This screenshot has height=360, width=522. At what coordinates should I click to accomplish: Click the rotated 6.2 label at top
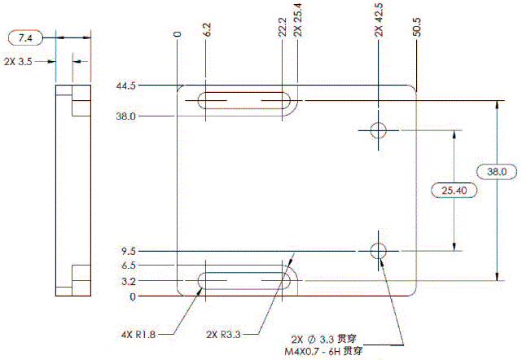tap(208, 30)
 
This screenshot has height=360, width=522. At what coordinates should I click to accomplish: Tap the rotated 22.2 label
tap(282, 29)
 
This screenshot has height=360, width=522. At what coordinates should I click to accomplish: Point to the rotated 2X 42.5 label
tap(379, 21)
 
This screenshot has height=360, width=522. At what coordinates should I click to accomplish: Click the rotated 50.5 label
tap(417, 28)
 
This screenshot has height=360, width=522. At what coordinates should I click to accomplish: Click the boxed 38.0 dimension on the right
tap(495, 172)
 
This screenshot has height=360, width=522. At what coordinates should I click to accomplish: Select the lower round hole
tap(379, 251)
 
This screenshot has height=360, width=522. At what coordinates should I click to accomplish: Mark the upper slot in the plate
tap(244, 102)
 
